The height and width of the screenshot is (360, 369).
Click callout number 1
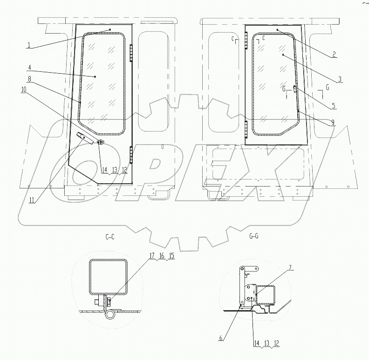pyautogui.click(x=29, y=45)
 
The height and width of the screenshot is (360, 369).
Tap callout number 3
pyautogui.click(x=340, y=79)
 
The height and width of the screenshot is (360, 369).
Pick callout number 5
pyautogui.click(x=334, y=106)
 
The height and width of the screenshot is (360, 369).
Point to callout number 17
pyautogui.click(x=152, y=256)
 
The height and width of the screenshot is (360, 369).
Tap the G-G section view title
pyautogui.click(x=254, y=237)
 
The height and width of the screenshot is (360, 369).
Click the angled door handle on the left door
pyautogui.click(x=82, y=136)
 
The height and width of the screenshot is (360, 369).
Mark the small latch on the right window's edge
pyautogui.click(x=295, y=89)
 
